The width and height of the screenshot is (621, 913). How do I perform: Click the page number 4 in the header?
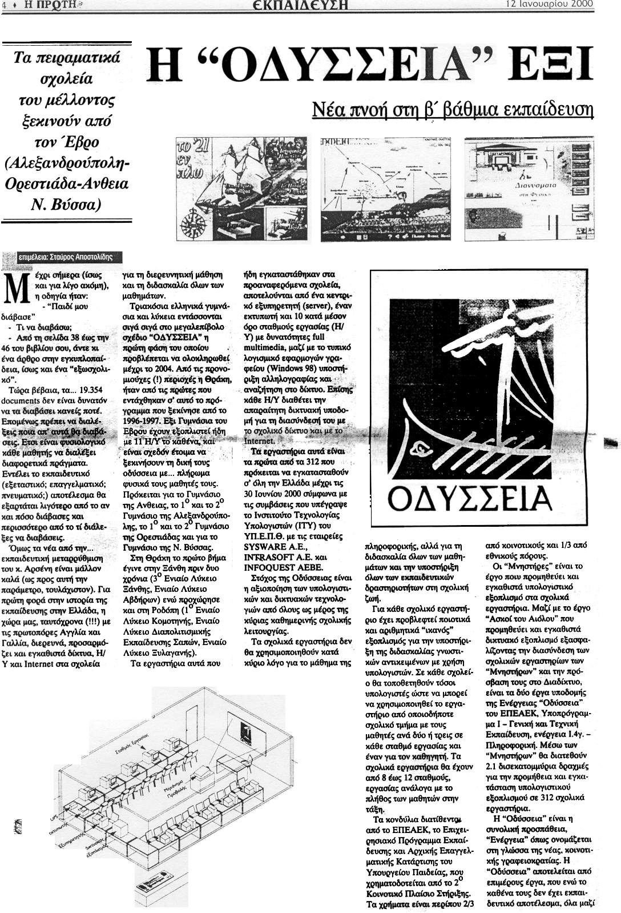3,5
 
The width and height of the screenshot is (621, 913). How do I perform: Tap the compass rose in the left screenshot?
192,219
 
